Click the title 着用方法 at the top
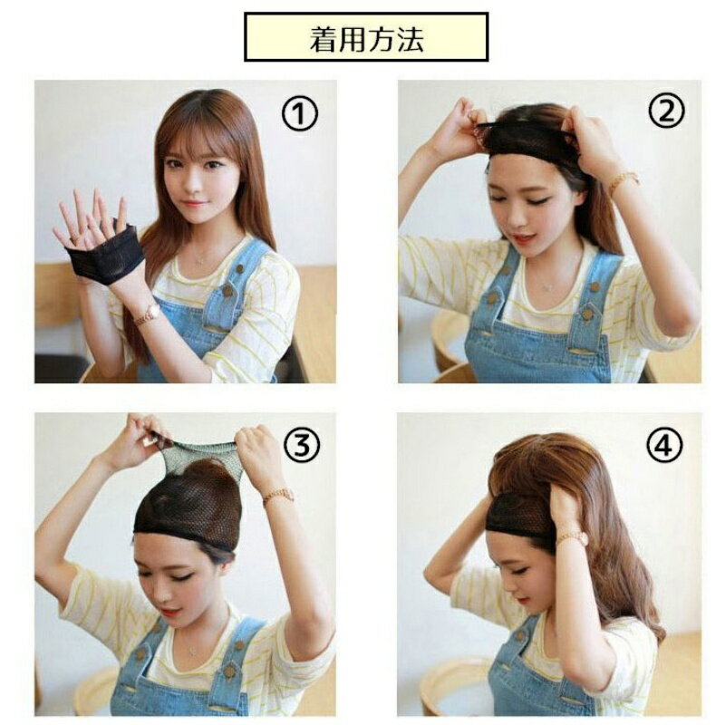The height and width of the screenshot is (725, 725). tap(366, 39)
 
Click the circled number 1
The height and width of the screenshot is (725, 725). tap(300, 114)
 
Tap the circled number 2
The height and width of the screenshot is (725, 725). tap(666, 111)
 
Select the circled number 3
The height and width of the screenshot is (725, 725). tap(302, 445)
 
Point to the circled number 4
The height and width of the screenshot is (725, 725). tap(664, 445)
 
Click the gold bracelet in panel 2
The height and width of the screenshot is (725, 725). tap(623, 181)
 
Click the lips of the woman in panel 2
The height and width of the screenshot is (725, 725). tap(523, 239)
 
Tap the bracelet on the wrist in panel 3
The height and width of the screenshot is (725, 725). tap(278, 496)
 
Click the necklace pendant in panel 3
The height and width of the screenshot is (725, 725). tap(191, 652)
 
